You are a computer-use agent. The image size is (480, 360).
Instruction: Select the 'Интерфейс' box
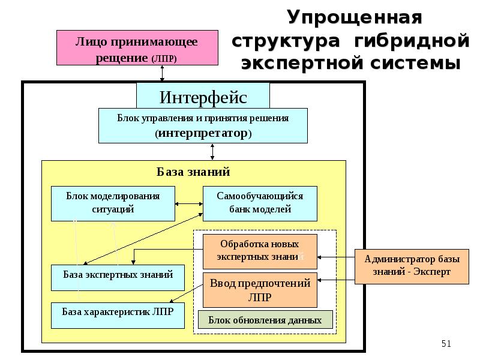(203, 96)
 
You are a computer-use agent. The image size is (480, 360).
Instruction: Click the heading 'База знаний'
(193, 172)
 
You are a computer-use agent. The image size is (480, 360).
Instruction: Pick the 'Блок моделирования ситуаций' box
(113, 203)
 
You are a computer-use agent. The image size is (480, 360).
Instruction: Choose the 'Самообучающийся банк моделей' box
(260, 203)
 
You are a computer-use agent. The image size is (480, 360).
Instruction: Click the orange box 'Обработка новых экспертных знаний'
(259, 251)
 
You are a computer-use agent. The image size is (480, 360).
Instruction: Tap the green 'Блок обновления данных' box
(265, 320)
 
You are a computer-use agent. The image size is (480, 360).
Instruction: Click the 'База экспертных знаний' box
(118, 275)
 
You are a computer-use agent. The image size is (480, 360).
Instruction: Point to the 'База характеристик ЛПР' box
(117, 313)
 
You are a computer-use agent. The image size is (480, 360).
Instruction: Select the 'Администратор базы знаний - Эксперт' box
(412, 266)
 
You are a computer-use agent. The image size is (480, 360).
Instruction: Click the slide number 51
(446, 344)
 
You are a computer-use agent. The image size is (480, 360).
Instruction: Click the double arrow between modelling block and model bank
(188, 203)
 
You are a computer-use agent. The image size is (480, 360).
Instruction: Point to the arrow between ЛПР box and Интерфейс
(162, 73)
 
